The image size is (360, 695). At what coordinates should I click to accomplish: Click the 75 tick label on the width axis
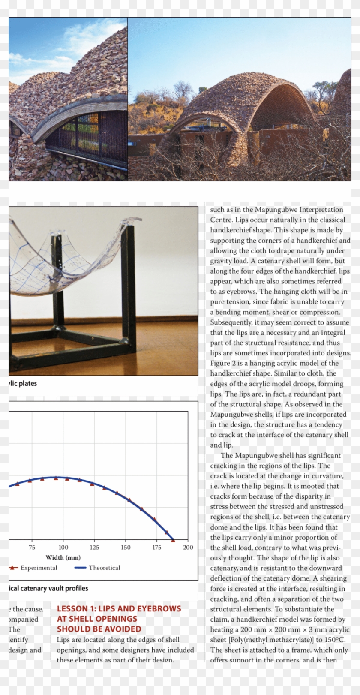(32, 547)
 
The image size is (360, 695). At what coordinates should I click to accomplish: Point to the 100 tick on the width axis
(63, 547)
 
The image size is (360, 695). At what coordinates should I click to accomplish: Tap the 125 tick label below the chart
(94, 547)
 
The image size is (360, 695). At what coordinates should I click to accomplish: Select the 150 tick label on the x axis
(126, 547)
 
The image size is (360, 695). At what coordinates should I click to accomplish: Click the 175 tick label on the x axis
(157, 547)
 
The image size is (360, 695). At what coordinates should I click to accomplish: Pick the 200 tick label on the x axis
(188, 547)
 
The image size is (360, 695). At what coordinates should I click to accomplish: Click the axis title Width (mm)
(63, 557)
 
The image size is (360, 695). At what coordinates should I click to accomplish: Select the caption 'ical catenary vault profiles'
(48, 588)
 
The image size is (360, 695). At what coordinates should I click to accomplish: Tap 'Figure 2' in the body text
(223, 363)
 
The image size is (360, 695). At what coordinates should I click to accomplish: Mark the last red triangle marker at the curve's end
(173, 540)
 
